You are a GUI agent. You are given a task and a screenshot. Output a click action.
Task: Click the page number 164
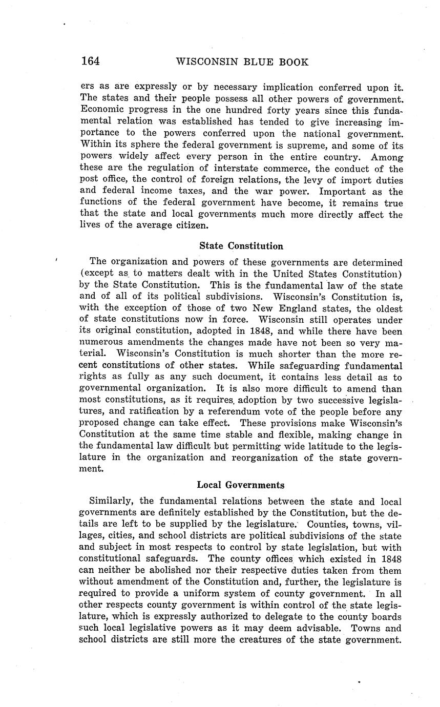[x=90, y=61]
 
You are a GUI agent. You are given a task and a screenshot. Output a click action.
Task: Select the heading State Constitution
[x=241, y=246]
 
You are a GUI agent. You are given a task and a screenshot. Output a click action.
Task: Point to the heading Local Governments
[x=241, y=485]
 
